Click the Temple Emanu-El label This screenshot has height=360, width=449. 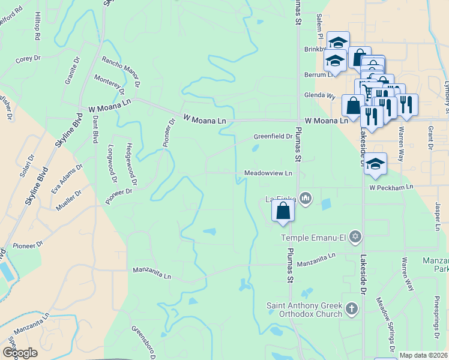315,238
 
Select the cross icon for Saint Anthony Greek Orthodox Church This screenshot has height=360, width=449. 352,310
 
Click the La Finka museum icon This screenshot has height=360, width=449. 305,198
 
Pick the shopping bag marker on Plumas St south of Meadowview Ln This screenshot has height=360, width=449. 283,211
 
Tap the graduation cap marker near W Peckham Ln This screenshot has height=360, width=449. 375,164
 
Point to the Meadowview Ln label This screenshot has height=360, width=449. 268,173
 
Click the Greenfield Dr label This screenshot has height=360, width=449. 273,136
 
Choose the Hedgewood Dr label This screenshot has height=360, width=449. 131,164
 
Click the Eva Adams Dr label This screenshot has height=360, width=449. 66,179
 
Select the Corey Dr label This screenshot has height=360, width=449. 28,59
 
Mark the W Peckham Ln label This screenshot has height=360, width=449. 391,187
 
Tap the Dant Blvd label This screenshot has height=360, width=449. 95,130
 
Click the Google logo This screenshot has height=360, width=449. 20,353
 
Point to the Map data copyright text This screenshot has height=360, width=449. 424,355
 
